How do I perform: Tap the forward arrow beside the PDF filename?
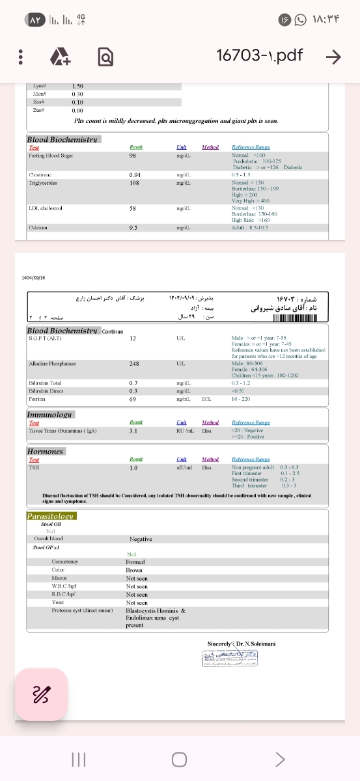tap(333, 57)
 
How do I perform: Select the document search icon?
tap(104, 57)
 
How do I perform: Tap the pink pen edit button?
tap(41, 694)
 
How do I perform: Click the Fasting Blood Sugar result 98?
tap(132, 156)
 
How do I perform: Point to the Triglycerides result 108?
tap(135, 183)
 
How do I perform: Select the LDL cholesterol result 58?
tap(132, 208)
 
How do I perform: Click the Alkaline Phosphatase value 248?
tap(135, 363)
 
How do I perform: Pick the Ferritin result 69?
tap(132, 398)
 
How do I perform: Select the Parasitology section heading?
tap(51, 516)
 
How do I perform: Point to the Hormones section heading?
tap(46, 451)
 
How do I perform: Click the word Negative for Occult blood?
tap(141, 539)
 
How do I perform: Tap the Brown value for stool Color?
tap(134, 570)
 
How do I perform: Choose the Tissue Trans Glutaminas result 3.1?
tap(133, 430)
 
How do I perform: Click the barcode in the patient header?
tap(295, 318)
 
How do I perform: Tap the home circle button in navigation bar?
tap(179, 760)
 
